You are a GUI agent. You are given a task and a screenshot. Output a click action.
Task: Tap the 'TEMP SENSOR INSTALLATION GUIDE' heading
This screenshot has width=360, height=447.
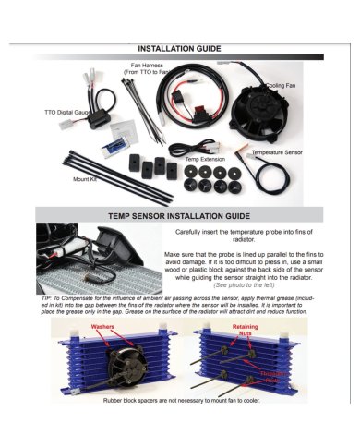pyautogui.click(x=180, y=214)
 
